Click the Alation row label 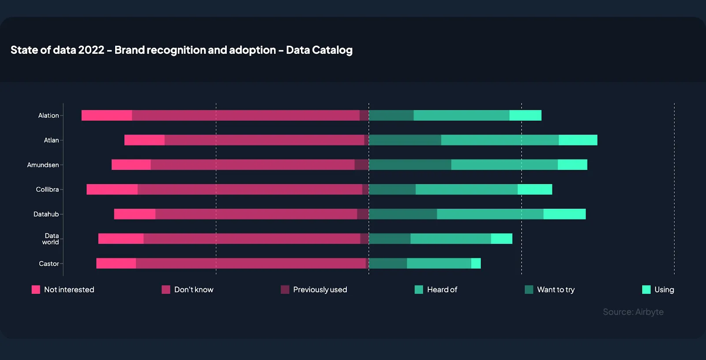[49, 116]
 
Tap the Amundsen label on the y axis [43, 165]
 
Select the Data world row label [51, 239]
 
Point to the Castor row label [49, 264]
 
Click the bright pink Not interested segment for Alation [107, 116]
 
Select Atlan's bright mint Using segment [578, 140]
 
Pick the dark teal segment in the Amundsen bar [410, 165]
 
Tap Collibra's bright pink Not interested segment [112, 190]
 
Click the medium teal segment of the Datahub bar [490, 214]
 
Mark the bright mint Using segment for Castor [476, 264]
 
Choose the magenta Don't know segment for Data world [252, 239]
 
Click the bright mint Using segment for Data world [502, 239]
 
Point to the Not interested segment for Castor [116, 264]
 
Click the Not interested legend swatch [36, 290]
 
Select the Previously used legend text [320, 290]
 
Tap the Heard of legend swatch [419, 290]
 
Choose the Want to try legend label [556, 290]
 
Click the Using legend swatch [646, 290]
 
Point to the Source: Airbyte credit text [633, 312]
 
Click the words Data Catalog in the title [319, 50]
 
